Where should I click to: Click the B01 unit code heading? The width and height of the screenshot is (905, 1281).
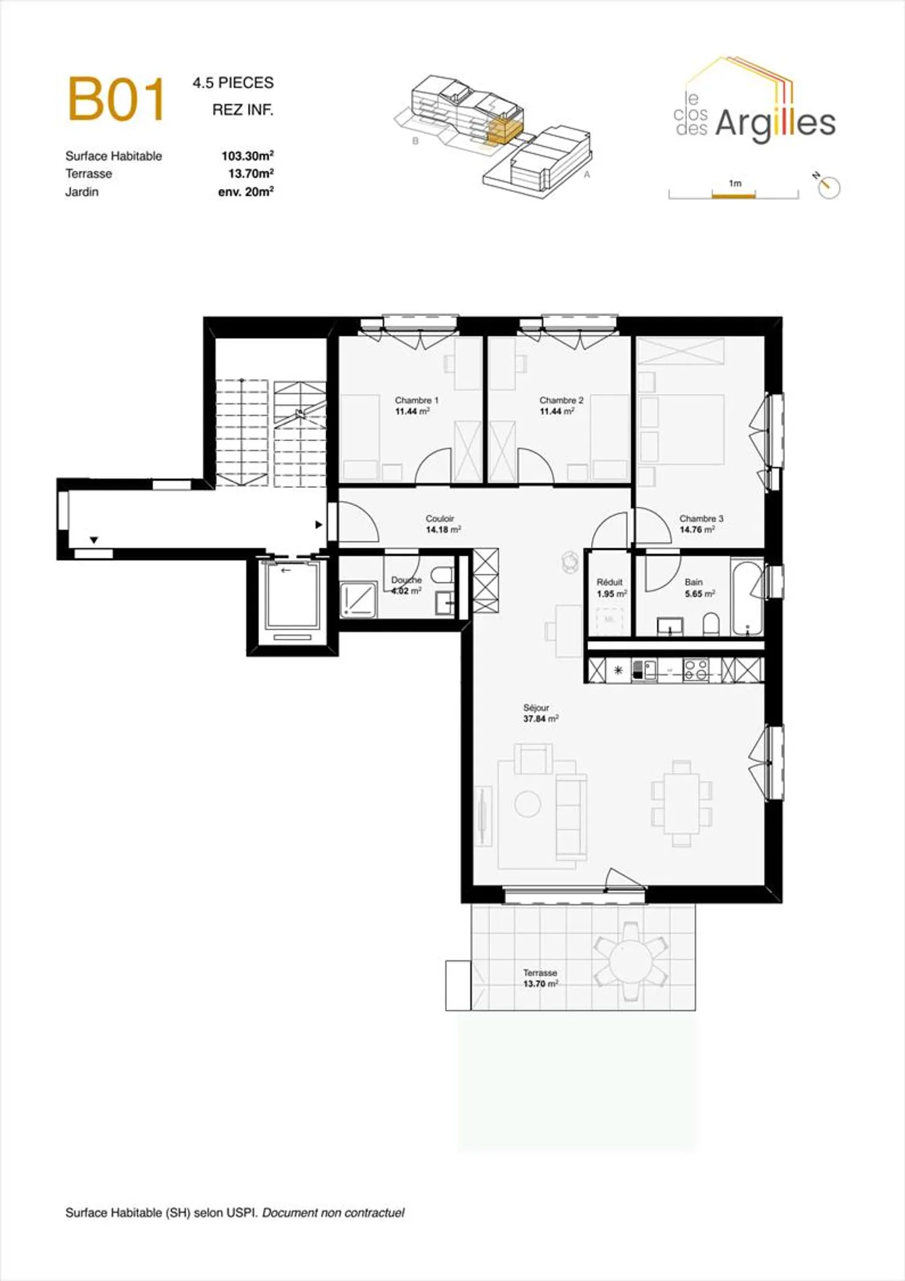[116, 99]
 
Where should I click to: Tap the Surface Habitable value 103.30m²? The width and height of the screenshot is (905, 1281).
[247, 156]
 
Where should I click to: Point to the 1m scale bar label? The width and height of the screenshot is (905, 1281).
[735, 184]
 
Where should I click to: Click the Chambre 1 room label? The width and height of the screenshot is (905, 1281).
[416, 400]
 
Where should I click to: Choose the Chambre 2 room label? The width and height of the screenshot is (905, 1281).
[561, 400]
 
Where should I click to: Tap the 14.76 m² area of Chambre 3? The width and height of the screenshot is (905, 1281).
[697, 530]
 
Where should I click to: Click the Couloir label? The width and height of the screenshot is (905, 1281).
[440, 519]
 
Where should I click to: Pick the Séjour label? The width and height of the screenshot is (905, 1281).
[536, 707]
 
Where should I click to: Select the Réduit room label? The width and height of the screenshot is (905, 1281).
[610, 582]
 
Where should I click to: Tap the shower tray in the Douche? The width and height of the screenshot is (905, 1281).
[359, 599]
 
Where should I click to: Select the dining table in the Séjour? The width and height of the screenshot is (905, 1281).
[682, 803]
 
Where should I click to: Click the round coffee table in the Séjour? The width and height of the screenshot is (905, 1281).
[527, 804]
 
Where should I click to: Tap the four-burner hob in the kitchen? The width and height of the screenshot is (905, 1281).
[696, 669]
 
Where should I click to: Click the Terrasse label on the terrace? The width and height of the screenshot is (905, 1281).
[540, 972]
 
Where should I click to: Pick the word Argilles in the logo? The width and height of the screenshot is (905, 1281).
[776, 123]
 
